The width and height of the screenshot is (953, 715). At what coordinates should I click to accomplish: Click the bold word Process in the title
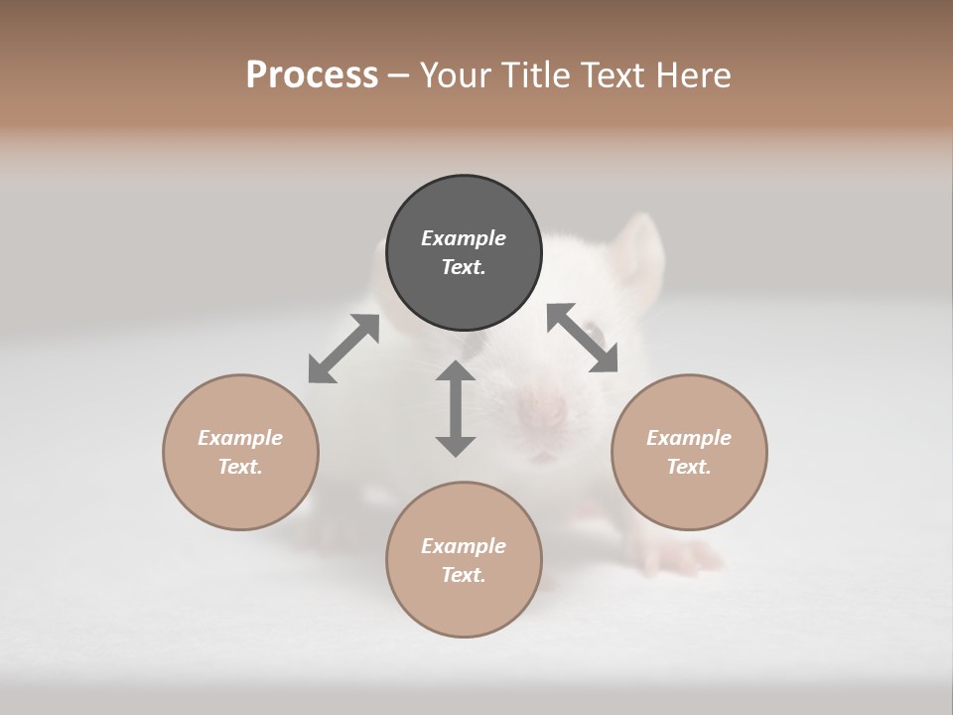(x=312, y=74)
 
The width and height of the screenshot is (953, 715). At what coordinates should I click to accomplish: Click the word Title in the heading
(x=537, y=74)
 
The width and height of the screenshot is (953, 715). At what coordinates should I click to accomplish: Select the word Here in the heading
(x=693, y=74)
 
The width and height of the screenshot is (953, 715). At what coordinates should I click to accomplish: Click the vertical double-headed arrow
(x=456, y=408)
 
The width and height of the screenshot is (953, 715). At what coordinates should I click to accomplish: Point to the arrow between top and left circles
(x=343, y=349)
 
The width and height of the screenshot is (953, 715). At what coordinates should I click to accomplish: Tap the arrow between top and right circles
(x=582, y=338)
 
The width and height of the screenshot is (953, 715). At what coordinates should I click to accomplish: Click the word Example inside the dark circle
(x=464, y=238)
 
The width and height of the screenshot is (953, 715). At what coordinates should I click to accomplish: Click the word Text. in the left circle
(x=240, y=467)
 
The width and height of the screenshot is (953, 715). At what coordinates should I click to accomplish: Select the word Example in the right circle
(x=689, y=438)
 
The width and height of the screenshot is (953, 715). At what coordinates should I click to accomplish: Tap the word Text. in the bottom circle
(x=464, y=575)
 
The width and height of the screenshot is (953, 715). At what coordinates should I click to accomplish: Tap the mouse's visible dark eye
(x=594, y=333)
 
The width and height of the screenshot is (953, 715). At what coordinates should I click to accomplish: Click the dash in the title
(x=398, y=75)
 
